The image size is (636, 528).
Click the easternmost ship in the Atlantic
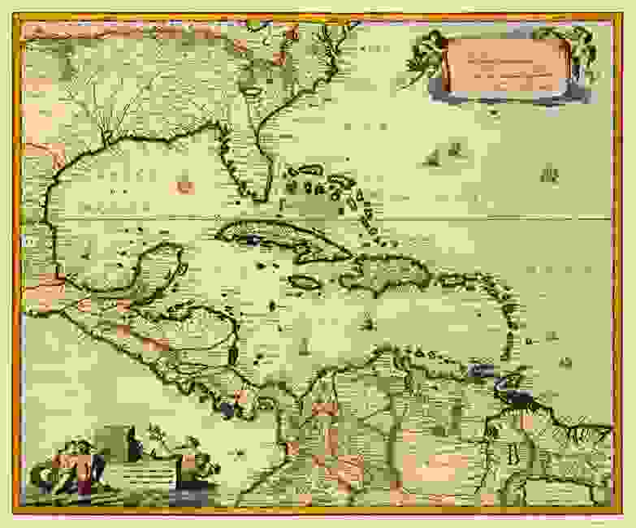[x=551, y=173]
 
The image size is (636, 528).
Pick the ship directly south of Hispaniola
[x=368, y=323]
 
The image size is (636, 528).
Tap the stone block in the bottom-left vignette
[x=115, y=443]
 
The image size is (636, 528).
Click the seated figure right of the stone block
[x=188, y=463]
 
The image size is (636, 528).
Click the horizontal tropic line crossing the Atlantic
[x=487, y=217]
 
